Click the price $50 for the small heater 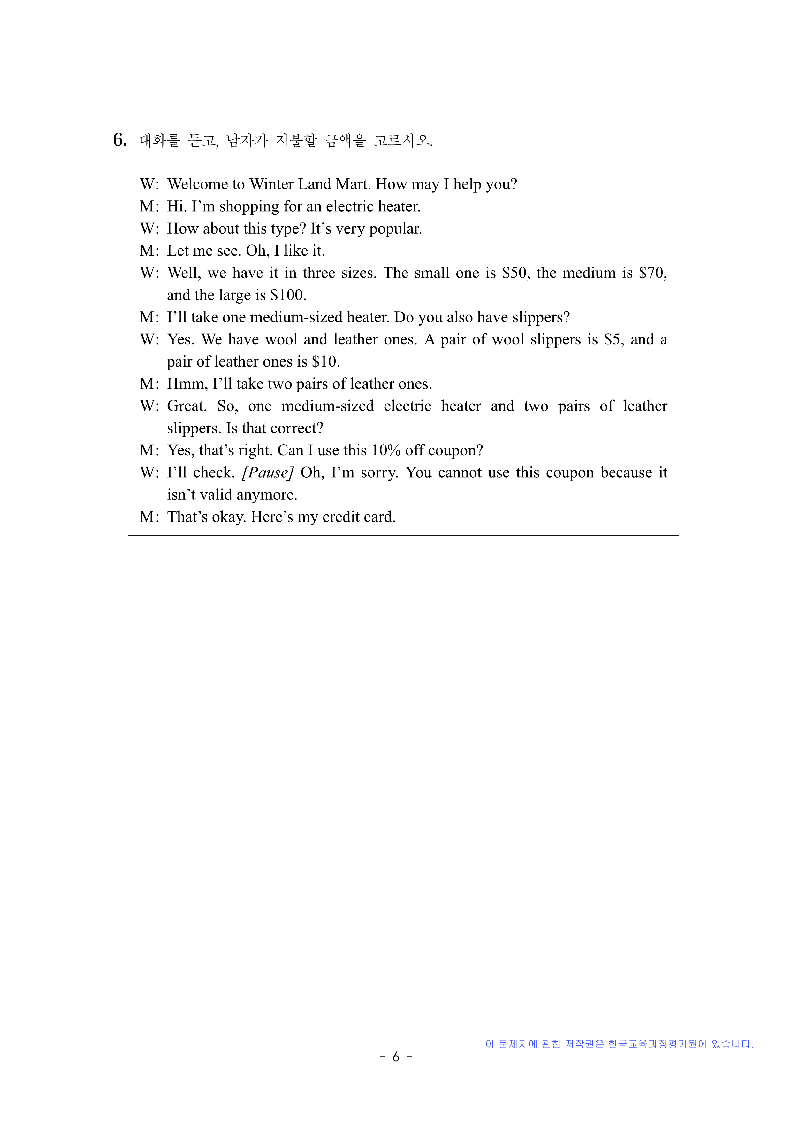tap(514, 273)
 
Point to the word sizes tap(358, 273)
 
